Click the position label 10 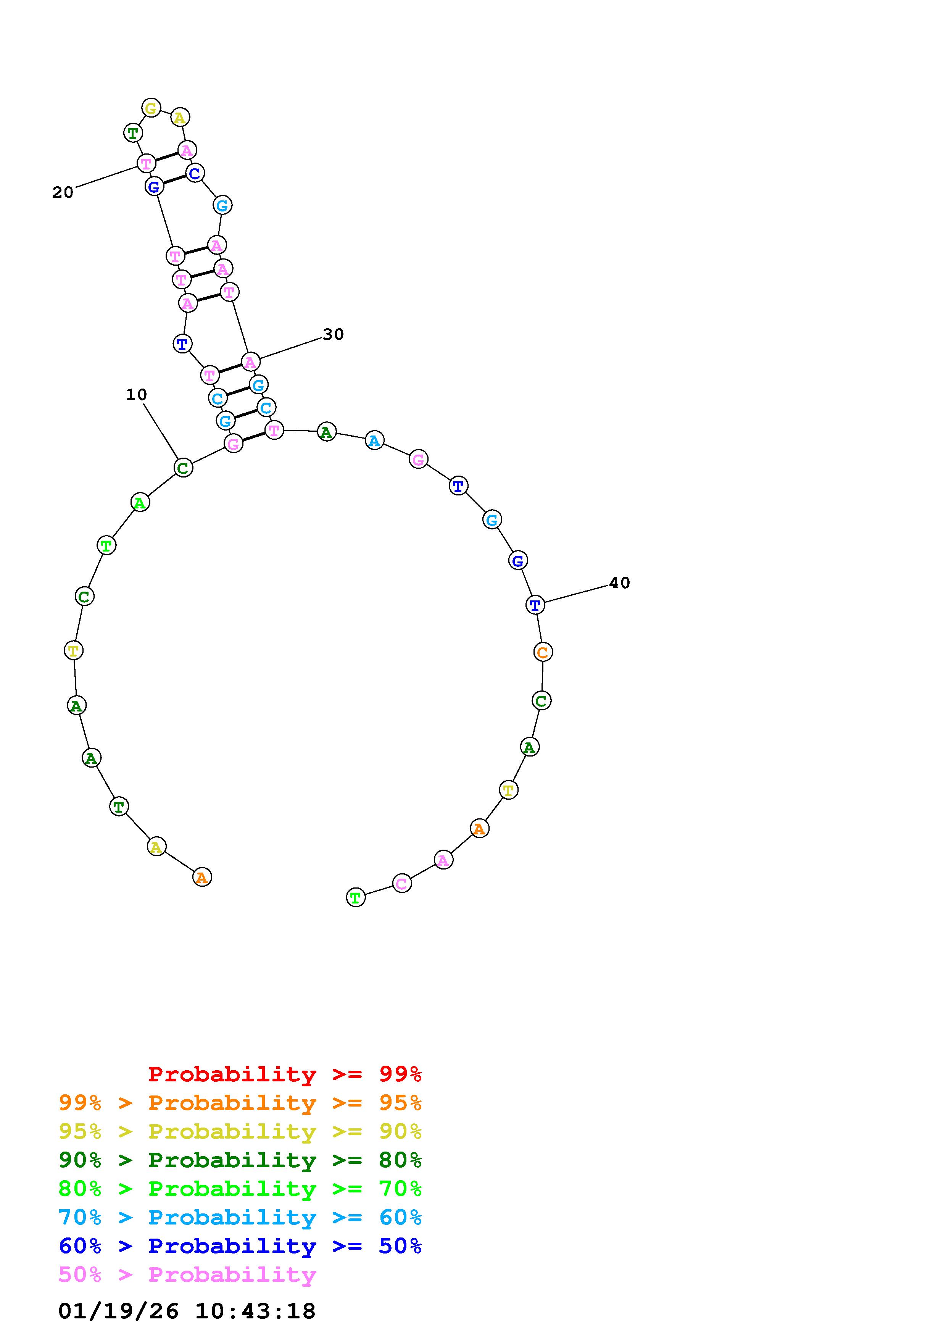click(x=136, y=395)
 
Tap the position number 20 click(x=63, y=192)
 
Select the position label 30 click(x=334, y=334)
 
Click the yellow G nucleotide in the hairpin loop click(x=151, y=108)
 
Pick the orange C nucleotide click(x=543, y=652)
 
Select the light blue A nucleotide click(x=374, y=440)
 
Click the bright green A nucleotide click(x=140, y=502)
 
